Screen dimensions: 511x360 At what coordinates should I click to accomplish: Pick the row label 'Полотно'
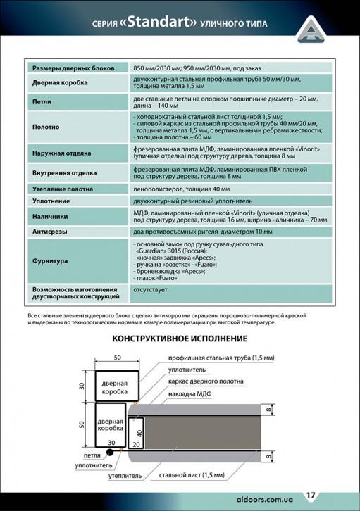pyautogui.click(x=45, y=127)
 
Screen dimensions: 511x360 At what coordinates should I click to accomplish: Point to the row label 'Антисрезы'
pyautogui.click(x=49, y=231)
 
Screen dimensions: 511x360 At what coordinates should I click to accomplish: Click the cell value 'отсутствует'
pyautogui.click(x=152, y=289)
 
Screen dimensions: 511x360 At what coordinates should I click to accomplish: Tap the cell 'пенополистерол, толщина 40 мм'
pyautogui.click(x=182, y=189)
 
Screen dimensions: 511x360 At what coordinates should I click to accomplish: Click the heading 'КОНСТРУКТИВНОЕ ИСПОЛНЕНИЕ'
pyautogui.click(x=180, y=339)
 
